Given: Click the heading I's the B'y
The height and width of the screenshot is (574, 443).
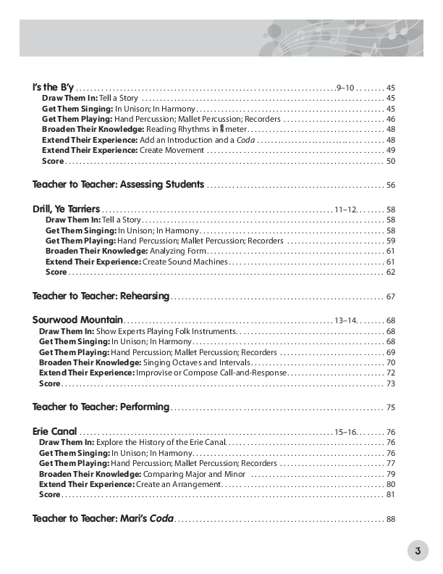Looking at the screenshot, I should pyautogui.click(x=54, y=87).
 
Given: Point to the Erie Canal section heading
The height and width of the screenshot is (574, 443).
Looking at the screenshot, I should pyautogui.click(x=54, y=431).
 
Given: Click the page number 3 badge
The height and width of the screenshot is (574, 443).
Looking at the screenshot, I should pyautogui.click(x=418, y=550).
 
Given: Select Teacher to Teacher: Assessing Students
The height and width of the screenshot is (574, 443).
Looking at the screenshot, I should pyautogui.click(x=118, y=185).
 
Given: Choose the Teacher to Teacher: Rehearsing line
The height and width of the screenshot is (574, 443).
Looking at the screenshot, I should pyautogui.click(x=101, y=296).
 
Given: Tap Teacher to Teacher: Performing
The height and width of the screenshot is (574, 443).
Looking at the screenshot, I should pyautogui.click(x=101, y=407).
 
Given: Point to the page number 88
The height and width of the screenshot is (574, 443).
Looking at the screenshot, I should pyautogui.click(x=391, y=519).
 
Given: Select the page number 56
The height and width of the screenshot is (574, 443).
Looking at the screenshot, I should pyautogui.click(x=391, y=186).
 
